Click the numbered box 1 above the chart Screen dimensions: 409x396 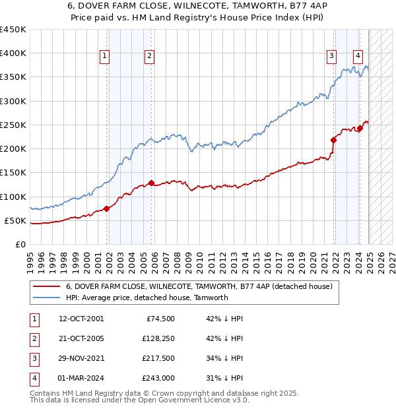pyautogui.click(x=105, y=57)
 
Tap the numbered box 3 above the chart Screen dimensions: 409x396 pyautogui.click(x=331, y=57)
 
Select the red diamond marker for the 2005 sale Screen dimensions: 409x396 pyautogui.click(x=151, y=183)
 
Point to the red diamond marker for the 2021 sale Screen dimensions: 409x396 pyautogui.click(x=334, y=140)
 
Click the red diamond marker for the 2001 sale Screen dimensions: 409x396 pyautogui.click(x=106, y=208)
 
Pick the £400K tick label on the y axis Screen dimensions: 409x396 pyautogui.click(x=13, y=53)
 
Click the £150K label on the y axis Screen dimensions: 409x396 pyautogui.click(x=13, y=173)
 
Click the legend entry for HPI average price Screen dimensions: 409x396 pyautogui.click(x=147, y=298)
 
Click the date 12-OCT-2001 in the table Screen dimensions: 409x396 pyautogui.click(x=81, y=319)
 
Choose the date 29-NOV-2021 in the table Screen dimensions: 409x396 pyautogui.click(x=81, y=358)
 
